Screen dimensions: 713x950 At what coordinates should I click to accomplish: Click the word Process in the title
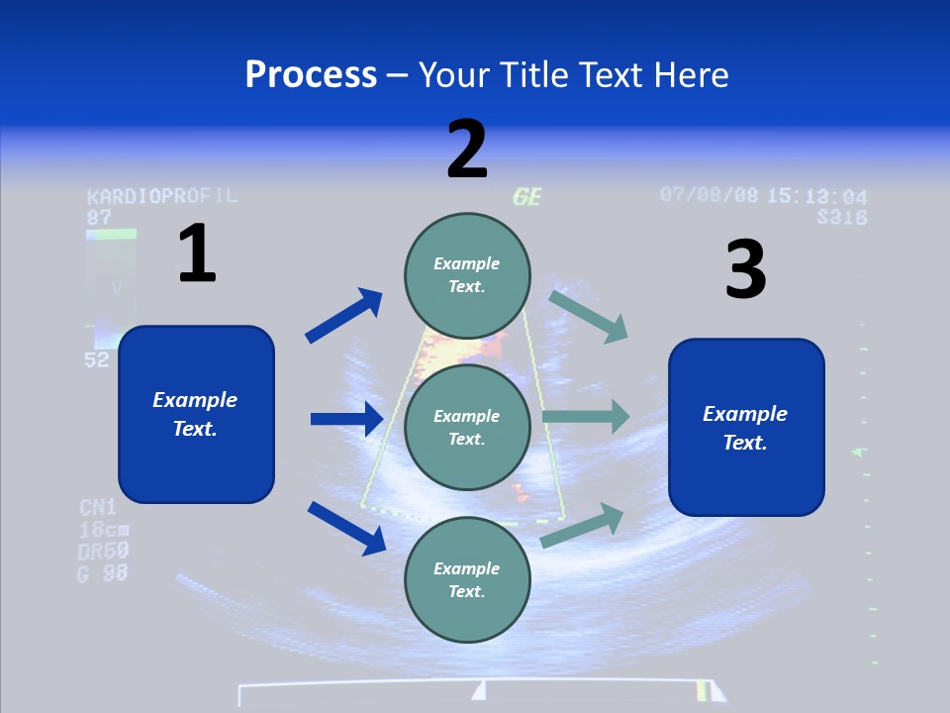[x=311, y=74]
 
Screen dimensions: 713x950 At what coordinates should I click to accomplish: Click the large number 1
[x=197, y=254]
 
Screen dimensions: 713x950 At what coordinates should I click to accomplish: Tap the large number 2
[x=467, y=150]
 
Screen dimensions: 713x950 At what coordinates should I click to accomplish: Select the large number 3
[x=745, y=270]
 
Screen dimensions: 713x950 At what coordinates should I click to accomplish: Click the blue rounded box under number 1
[x=196, y=414]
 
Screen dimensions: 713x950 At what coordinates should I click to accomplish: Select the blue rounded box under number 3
[x=746, y=427]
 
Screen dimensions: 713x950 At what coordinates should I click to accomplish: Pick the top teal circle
[x=467, y=275]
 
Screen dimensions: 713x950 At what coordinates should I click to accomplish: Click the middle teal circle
[x=467, y=427]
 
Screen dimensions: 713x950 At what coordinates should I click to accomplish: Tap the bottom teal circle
[x=467, y=579]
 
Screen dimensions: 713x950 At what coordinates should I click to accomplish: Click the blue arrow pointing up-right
[x=344, y=316]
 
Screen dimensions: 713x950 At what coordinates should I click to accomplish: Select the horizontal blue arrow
[x=346, y=419]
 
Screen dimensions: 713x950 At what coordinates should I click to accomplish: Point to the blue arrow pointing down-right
[x=346, y=528]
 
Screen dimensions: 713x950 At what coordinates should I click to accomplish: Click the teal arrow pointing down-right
[x=589, y=316]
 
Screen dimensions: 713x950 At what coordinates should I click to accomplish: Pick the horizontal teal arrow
[x=586, y=416]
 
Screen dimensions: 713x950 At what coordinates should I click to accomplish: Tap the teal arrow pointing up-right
[x=583, y=525]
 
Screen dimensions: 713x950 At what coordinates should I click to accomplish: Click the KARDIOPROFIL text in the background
[x=162, y=195]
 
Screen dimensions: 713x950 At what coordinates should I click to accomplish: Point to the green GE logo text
[x=527, y=196]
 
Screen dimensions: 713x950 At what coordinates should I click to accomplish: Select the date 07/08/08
[x=710, y=194]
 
